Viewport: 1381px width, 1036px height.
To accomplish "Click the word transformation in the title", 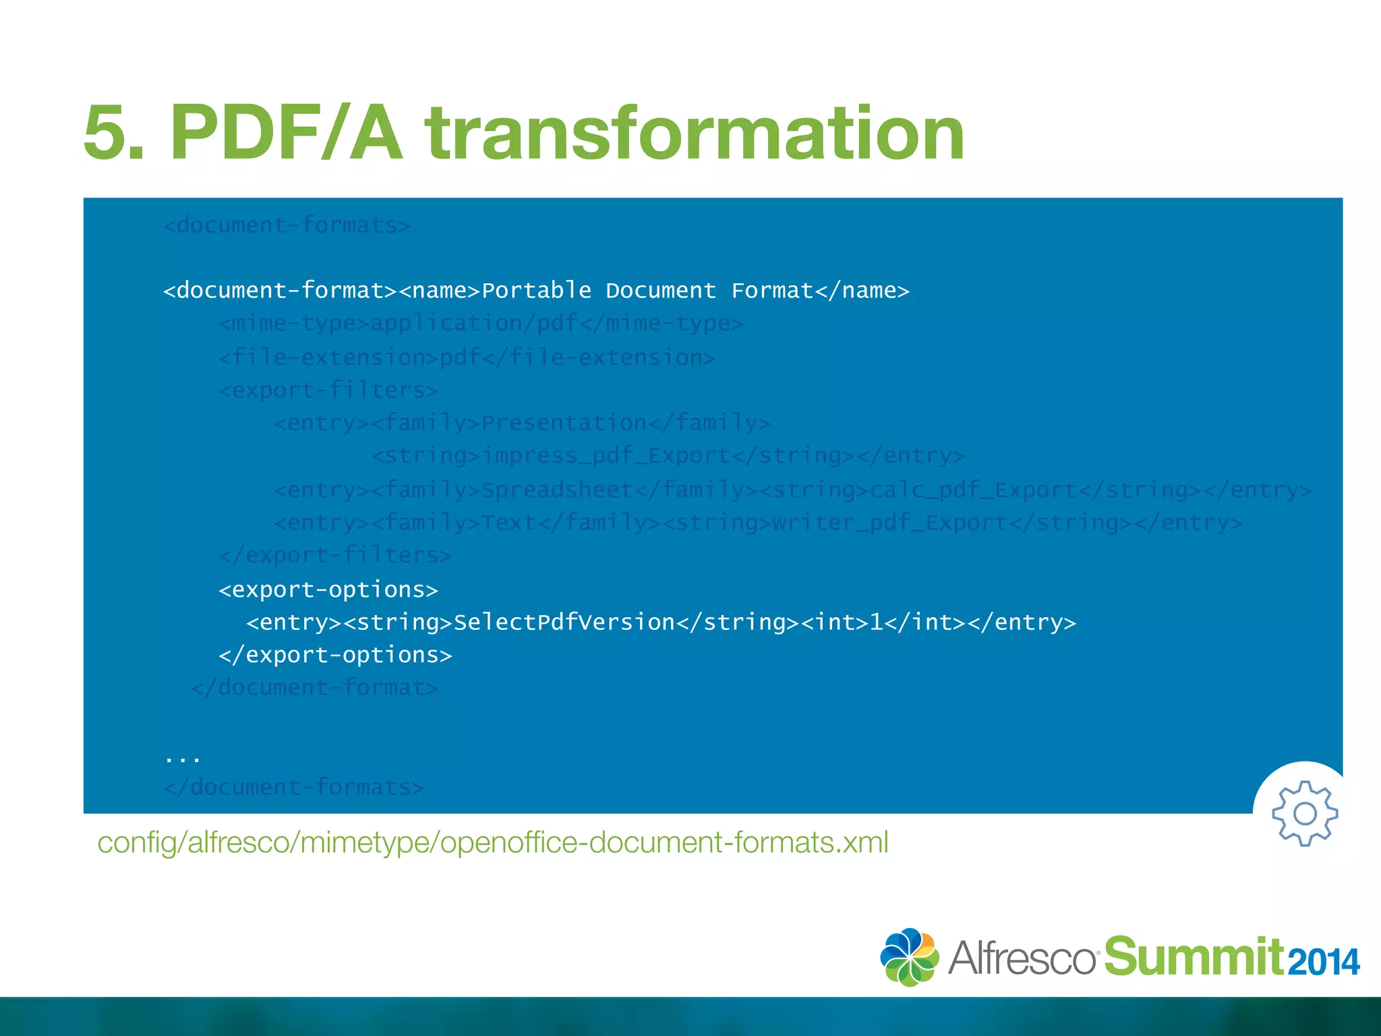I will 695,134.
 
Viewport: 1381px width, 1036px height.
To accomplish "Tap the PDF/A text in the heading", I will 287,134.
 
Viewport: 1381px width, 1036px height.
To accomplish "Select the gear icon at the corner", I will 1304,813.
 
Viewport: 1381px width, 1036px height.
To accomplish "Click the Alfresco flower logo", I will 909,957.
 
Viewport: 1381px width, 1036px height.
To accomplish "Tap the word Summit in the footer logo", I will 1194,957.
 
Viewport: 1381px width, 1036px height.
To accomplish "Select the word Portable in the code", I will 536,291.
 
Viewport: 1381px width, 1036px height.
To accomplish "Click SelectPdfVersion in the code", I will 564,622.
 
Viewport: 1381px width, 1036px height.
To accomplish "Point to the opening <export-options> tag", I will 328,589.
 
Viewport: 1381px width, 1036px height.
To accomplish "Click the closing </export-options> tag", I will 335,655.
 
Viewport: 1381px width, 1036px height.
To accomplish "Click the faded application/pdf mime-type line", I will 481,324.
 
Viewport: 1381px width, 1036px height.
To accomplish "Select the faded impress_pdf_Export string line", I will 668,456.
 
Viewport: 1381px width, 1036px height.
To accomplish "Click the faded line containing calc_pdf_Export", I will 793,490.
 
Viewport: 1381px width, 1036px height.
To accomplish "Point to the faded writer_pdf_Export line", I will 758,523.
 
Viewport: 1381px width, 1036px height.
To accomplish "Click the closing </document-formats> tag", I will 293,787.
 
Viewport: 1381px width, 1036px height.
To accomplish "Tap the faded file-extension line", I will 467,357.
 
